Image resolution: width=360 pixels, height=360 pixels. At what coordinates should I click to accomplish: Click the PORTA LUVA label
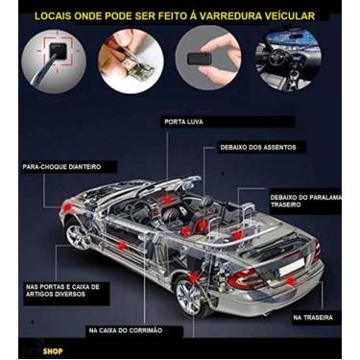pyautogui.click(x=183, y=122)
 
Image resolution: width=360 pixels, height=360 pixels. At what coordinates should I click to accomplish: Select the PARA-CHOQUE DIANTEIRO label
pyautogui.click(x=57, y=166)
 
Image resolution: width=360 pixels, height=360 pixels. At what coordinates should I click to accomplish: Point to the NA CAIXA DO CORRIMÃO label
pyautogui.click(x=126, y=330)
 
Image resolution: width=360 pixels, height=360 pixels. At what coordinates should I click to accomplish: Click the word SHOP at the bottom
pyautogui.click(x=53, y=351)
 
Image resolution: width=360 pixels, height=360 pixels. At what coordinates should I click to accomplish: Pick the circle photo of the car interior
pyautogui.click(x=288, y=60)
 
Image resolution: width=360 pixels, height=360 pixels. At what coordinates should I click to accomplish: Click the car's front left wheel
pyautogui.click(x=77, y=236)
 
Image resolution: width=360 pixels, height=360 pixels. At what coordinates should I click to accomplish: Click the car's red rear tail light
pyautogui.click(x=245, y=278)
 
